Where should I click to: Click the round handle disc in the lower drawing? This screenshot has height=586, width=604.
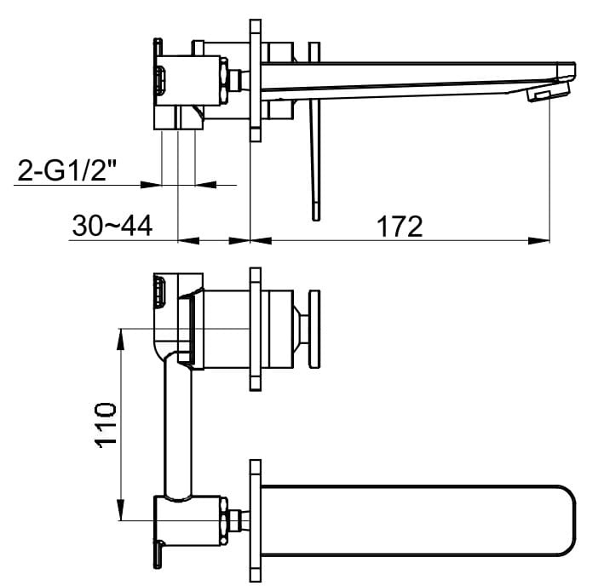click(x=314, y=329)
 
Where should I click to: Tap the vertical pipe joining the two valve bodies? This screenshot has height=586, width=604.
click(x=177, y=426)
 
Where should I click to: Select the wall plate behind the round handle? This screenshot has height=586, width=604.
click(x=255, y=329)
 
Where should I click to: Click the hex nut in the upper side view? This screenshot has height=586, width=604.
click(x=227, y=79)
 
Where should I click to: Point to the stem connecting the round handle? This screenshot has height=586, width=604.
click(x=300, y=329)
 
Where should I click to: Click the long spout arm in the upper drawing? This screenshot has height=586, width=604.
click(x=409, y=75)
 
